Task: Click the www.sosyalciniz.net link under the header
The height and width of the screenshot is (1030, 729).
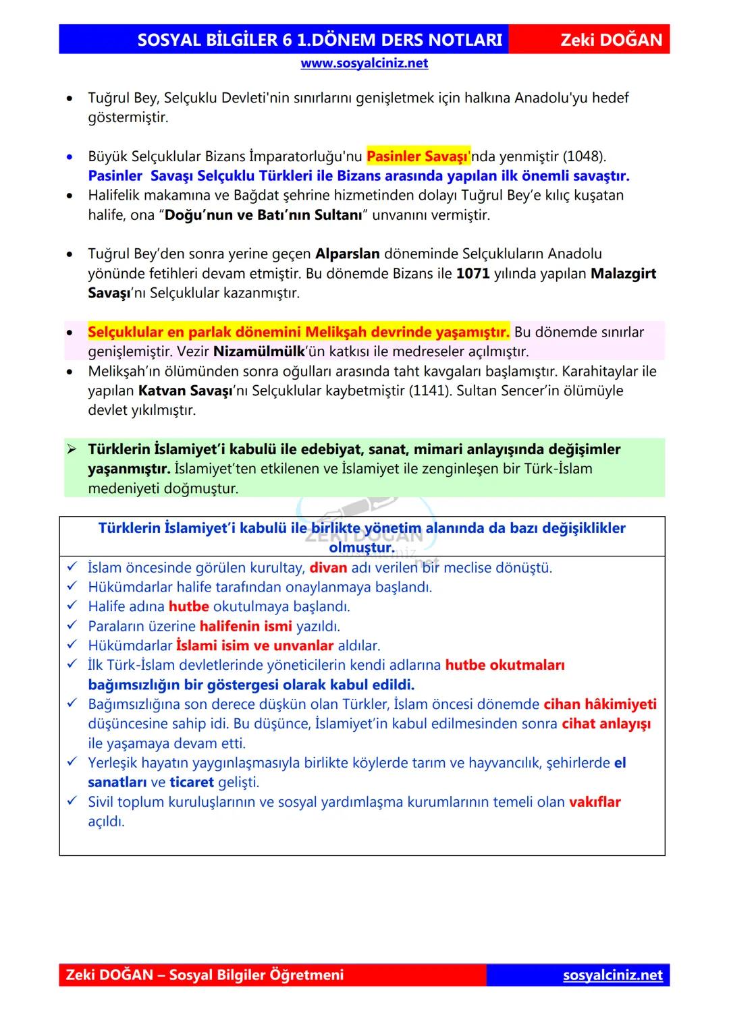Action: point(364,63)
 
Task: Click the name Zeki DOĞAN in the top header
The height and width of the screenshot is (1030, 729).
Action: point(611,40)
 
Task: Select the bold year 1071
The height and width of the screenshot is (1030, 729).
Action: point(473,274)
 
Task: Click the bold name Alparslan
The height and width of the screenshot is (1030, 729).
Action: point(347,254)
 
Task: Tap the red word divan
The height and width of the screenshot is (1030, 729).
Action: point(328,568)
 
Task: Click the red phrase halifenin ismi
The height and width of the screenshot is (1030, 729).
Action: point(246,627)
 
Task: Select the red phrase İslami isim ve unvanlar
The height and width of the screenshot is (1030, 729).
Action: point(254,646)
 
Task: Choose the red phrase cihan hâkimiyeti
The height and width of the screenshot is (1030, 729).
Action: point(599,704)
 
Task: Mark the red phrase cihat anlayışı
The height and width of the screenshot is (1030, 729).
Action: point(605,724)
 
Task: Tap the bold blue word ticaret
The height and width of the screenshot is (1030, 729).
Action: point(192,782)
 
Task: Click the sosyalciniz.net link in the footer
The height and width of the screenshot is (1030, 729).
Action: point(612,975)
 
